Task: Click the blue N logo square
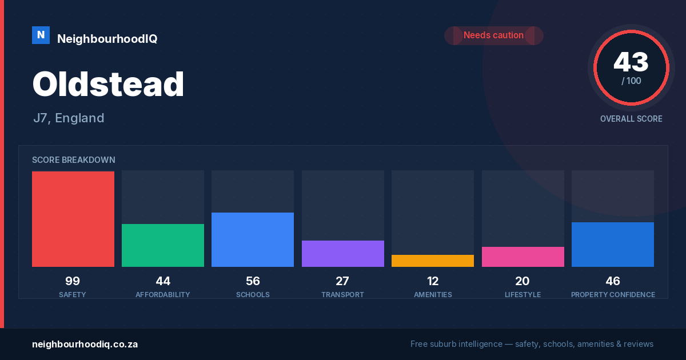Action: tap(41, 35)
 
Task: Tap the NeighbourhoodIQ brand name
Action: tap(107, 39)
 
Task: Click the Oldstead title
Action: tap(108, 84)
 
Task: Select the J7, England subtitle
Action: tap(69, 118)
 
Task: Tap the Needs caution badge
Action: tap(494, 35)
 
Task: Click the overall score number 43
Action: tap(631, 62)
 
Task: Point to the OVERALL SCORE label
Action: tap(631, 119)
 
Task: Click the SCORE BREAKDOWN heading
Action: tap(74, 160)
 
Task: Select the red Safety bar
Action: tap(73, 219)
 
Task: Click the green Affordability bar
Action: tap(163, 246)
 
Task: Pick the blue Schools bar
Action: tap(253, 239)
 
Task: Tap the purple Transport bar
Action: tap(343, 254)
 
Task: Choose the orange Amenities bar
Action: tap(433, 261)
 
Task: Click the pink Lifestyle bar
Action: tap(523, 257)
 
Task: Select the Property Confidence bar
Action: tap(613, 245)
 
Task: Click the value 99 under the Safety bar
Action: tap(73, 281)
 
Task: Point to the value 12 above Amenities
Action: tap(433, 281)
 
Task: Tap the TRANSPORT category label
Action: tap(342, 295)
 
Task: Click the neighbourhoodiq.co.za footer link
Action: tap(85, 345)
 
